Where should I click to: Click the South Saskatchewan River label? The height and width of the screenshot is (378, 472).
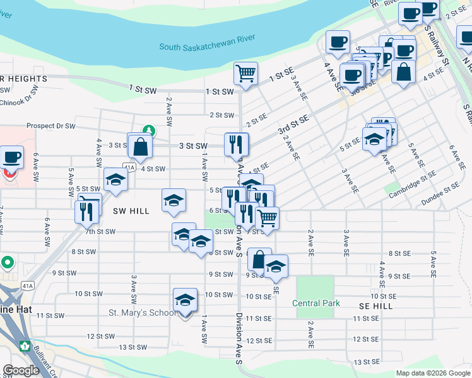(x=206, y=47)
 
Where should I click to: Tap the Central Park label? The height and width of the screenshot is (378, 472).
(x=316, y=303)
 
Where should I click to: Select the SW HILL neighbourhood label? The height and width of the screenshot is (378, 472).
(x=131, y=211)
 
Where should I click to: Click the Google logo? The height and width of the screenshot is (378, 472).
(x=21, y=370)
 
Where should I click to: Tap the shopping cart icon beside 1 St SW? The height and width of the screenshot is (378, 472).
(x=245, y=72)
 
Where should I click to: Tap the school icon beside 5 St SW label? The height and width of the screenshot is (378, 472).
(x=115, y=180)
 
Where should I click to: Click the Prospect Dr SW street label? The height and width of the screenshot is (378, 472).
(x=51, y=126)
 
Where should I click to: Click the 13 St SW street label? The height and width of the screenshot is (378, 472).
(x=133, y=347)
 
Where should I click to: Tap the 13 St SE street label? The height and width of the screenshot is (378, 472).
(x=365, y=362)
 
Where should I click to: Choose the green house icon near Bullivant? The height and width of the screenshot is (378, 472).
(x=25, y=346)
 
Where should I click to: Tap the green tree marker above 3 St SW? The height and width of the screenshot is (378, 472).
(x=148, y=130)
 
